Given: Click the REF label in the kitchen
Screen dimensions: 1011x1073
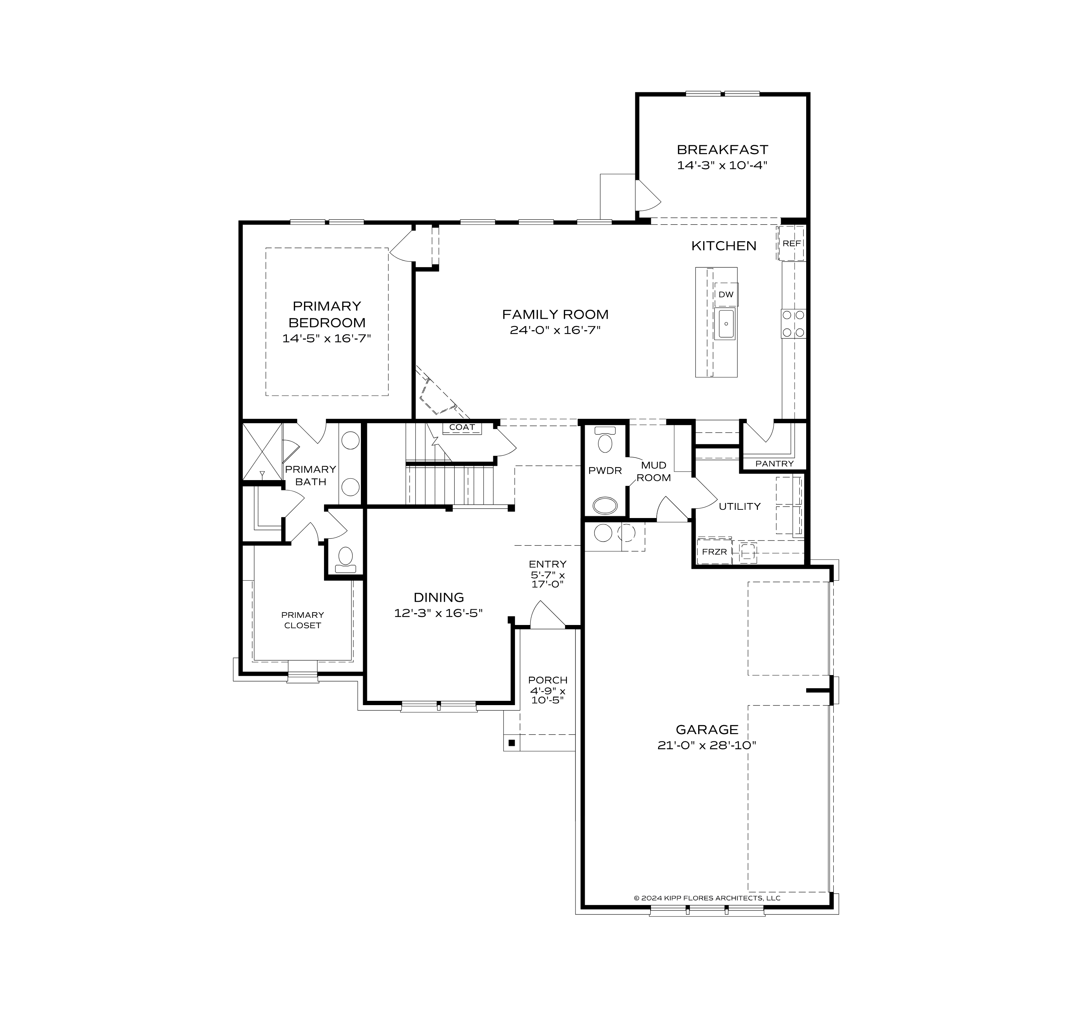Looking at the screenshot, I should tap(791, 243).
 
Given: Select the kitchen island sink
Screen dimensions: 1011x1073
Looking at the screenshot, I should tap(726, 324).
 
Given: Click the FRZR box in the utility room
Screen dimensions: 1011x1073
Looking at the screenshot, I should tap(714, 552).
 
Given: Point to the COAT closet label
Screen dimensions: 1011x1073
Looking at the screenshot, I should tap(462, 427).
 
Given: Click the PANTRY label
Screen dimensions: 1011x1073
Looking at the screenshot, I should tap(774, 464).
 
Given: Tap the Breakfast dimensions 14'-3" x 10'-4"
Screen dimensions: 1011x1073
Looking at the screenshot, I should tap(722, 165).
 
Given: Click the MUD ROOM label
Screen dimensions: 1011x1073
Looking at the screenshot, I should tap(653, 471).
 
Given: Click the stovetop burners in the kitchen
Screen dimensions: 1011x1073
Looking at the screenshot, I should tap(793, 323).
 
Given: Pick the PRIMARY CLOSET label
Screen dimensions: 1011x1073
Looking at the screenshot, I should tap(302, 620).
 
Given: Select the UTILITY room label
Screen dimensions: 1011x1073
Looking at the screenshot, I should tap(739, 506).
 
